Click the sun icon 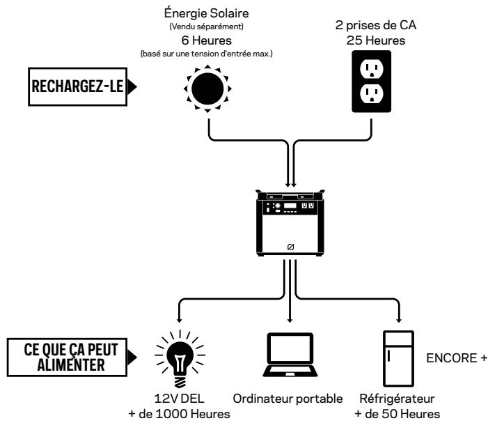207,89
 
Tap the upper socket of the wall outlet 371,68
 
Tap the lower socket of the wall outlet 371,94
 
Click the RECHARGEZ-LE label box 78,86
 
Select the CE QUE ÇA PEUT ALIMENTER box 68,357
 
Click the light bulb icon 180,358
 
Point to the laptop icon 290,355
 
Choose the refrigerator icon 398,358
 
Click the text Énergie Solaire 206,13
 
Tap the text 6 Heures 206,40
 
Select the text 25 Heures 376,40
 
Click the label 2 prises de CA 376,25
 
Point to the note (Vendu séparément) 206,26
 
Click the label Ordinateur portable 288,399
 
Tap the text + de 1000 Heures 180,414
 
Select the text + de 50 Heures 397,414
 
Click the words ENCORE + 457,358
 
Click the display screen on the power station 290,206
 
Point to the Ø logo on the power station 290,247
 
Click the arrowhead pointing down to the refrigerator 399,320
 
